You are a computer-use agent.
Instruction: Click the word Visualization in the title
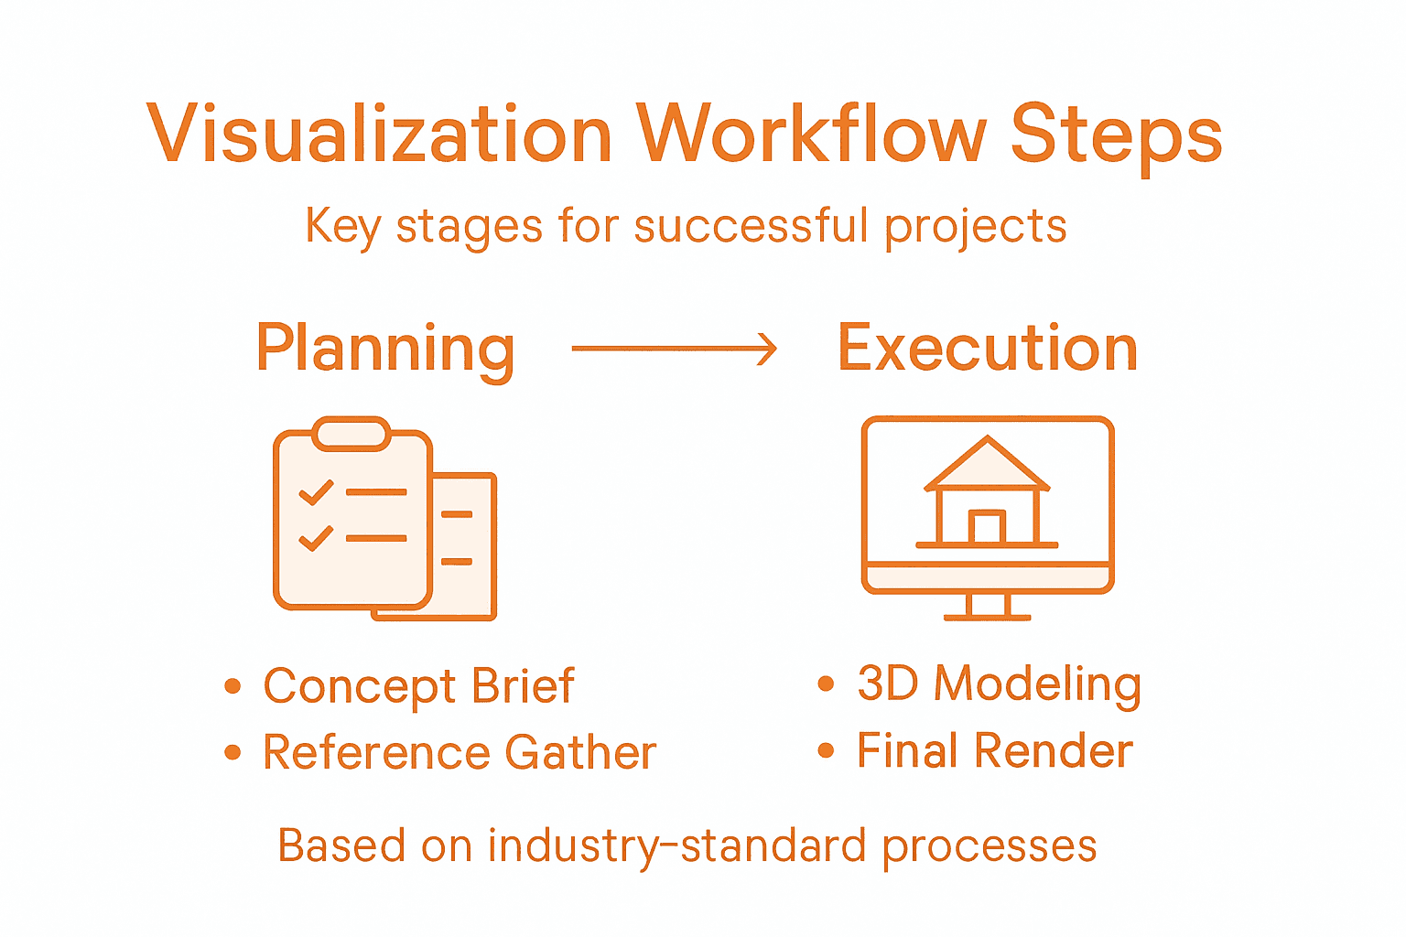[379, 134]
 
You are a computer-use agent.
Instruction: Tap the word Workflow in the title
[811, 134]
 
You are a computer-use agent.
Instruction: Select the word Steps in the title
[1116, 135]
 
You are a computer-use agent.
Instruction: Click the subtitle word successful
[750, 225]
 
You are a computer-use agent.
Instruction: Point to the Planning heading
[385, 349]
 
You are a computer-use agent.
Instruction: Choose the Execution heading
[988, 349]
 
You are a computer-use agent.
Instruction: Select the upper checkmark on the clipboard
[316, 492]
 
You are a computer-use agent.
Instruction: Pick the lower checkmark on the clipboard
[316, 537]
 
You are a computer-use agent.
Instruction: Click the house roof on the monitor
[987, 465]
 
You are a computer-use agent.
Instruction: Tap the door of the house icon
[987, 527]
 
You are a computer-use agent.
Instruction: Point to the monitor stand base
[987, 617]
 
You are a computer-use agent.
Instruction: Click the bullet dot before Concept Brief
[233, 686]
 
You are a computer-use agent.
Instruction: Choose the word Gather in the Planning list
[580, 752]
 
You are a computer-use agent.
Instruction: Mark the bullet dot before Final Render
[827, 751]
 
